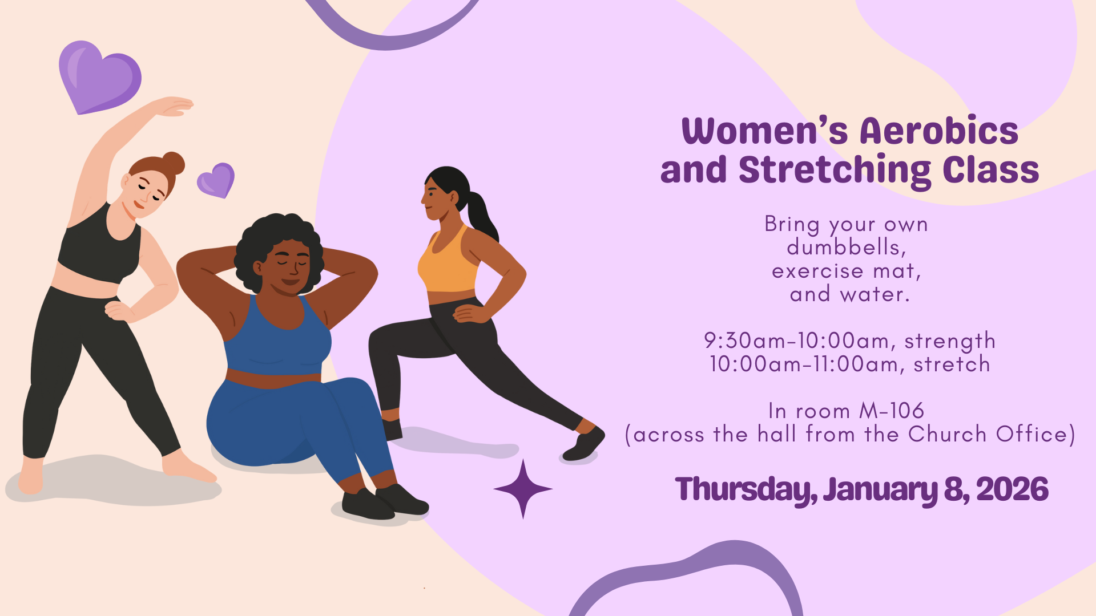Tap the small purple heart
(216, 180)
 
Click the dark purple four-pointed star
(523, 489)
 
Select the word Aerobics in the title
(938, 131)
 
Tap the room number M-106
(892, 411)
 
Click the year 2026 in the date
(1012, 489)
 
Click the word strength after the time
(950, 341)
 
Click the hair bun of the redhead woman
(173, 163)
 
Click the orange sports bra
(448, 260)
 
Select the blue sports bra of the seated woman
(277, 337)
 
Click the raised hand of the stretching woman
(174, 106)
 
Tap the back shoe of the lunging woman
(583, 445)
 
